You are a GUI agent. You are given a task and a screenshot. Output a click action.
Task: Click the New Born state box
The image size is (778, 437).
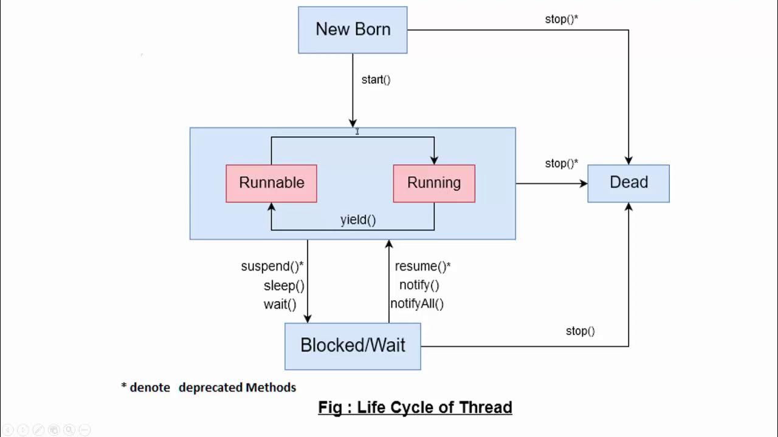click(353, 30)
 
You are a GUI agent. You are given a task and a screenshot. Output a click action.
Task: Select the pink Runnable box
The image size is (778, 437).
click(271, 183)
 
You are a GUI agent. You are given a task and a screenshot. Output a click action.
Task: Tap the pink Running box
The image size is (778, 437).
click(434, 183)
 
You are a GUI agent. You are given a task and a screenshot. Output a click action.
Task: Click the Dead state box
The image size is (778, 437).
click(628, 183)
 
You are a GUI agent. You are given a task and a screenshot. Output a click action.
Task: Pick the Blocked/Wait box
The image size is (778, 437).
click(353, 346)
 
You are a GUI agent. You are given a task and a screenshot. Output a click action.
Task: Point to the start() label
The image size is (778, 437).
click(376, 80)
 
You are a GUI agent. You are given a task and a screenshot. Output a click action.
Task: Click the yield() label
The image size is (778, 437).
click(358, 220)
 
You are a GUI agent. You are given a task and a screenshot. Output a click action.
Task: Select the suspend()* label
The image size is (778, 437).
click(272, 266)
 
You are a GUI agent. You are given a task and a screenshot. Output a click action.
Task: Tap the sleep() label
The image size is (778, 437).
click(284, 285)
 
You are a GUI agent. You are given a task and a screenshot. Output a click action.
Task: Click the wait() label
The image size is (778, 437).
click(280, 304)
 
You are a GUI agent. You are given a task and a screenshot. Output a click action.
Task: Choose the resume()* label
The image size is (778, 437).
click(422, 266)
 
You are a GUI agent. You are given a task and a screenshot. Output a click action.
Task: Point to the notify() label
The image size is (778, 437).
click(419, 285)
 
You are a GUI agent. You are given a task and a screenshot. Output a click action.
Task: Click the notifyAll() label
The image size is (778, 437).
click(417, 303)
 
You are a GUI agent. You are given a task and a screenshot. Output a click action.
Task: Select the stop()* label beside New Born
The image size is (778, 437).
click(561, 19)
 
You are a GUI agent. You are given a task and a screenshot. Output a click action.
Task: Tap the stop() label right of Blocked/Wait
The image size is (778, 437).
click(580, 331)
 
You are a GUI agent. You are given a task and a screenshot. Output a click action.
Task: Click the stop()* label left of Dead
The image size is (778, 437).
click(561, 163)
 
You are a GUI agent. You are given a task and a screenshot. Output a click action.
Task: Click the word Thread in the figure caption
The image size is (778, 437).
click(486, 407)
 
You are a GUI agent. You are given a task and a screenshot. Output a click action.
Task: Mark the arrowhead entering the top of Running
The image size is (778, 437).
click(434, 160)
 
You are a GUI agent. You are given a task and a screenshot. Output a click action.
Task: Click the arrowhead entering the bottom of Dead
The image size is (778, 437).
click(628, 207)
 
